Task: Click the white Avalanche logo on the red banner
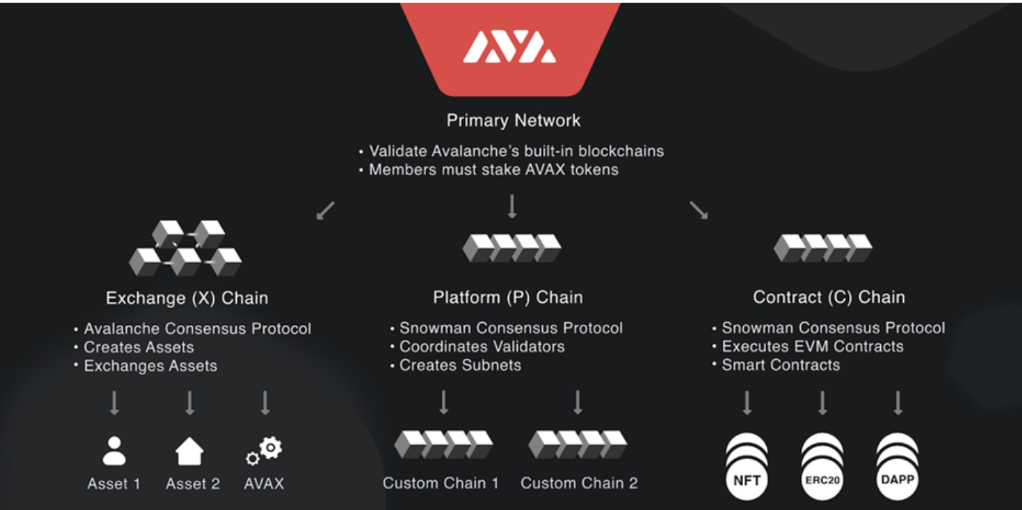coord(510,47)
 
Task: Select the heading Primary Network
coord(513,120)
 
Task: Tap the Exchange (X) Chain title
coord(187,298)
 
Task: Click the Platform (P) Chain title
coord(508,297)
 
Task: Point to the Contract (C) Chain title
coord(829,297)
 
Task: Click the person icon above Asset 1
coord(114,451)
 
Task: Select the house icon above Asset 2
coord(189,451)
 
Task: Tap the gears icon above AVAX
coord(264,451)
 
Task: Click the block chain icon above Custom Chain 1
coord(443,444)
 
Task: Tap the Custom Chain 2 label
coord(579,483)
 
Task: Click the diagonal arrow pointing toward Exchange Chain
coord(326,210)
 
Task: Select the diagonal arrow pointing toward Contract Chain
coord(698,210)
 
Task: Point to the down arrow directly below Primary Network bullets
coord(512,206)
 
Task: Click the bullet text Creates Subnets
coord(460,365)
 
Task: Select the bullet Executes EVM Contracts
coord(812,347)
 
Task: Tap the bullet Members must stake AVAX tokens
coord(493,170)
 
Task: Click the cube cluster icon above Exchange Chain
coord(185,248)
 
